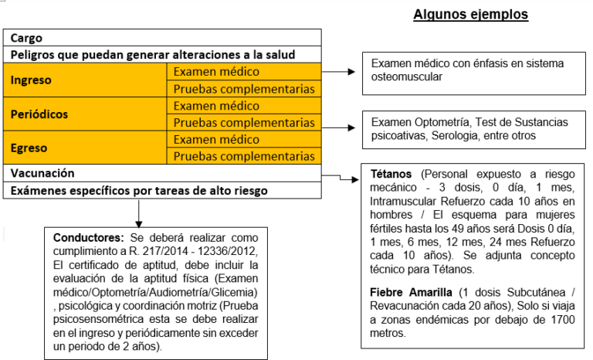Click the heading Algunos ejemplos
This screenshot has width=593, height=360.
(x=470, y=14)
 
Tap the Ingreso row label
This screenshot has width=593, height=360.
(x=31, y=80)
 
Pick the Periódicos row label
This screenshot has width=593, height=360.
(x=39, y=114)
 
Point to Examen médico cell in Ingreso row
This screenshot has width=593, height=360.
(x=215, y=72)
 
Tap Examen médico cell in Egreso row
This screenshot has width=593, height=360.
(x=215, y=139)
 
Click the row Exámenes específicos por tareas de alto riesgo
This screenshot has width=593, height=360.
(x=139, y=190)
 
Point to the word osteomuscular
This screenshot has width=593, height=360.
(x=408, y=77)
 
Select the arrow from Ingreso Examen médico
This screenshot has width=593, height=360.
(x=341, y=72)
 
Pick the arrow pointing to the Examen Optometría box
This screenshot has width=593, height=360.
(x=341, y=122)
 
